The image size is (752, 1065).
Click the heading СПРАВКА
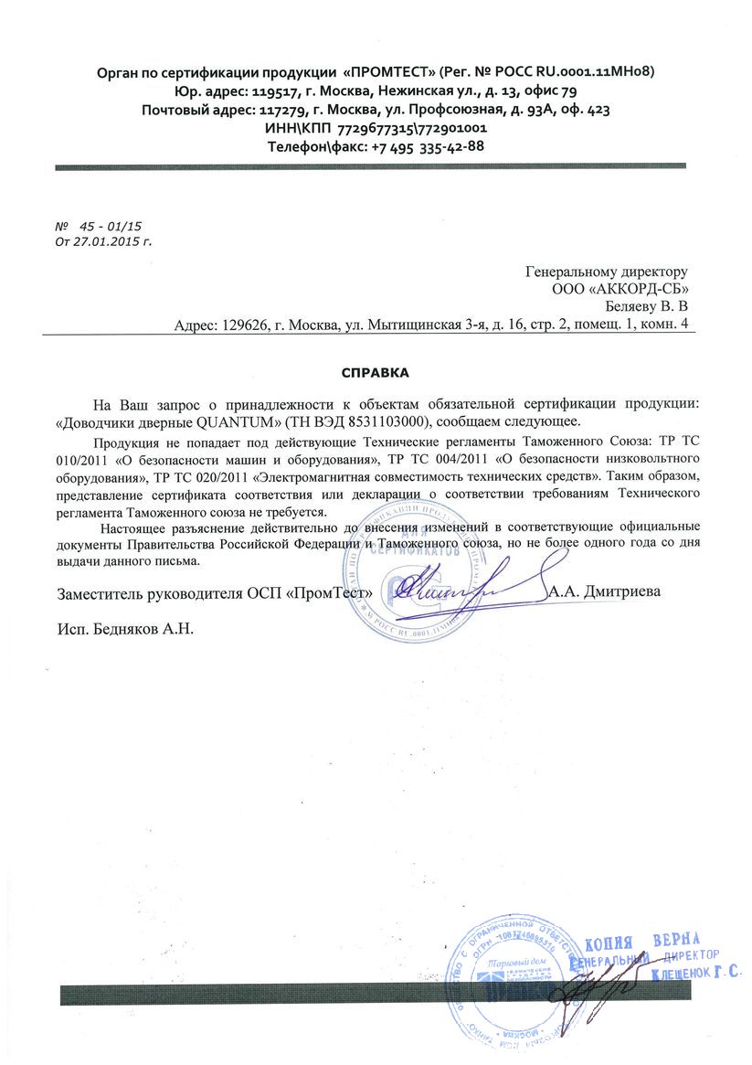tap(376, 373)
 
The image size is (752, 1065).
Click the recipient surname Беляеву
tap(634, 306)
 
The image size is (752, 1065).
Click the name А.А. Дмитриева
tap(605, 591)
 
